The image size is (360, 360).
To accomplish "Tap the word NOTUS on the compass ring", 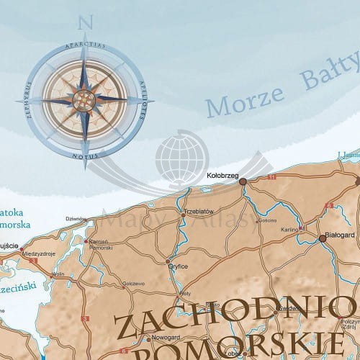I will coord(86,154).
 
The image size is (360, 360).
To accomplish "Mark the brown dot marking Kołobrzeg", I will coord(243,181).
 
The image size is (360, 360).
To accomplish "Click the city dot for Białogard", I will coord(322,238).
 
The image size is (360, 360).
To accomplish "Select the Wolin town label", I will coord(58,274).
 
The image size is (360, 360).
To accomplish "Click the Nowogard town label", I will coord(166,338).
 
